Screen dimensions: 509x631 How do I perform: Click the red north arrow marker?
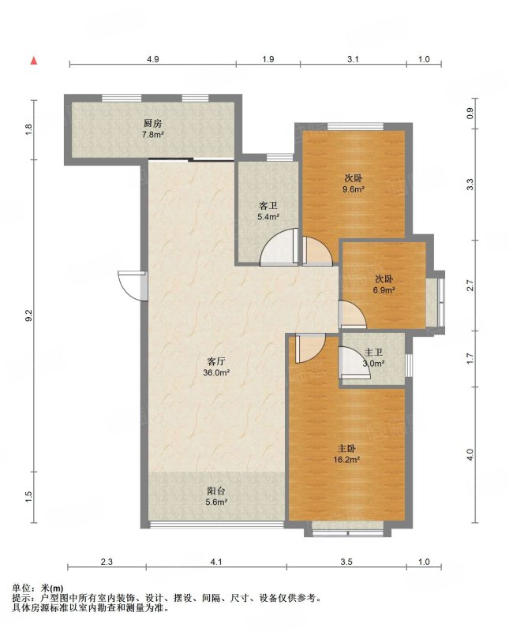[x=34, y=61]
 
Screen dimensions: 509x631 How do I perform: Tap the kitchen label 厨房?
[x=152, y=124]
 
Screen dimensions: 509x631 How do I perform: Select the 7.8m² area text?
[x=152, y=135]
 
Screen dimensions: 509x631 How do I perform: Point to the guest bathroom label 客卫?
[x=268, y=206]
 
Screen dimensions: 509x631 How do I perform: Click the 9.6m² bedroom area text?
[x=354, y=189]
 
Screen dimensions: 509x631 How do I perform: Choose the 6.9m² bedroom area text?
[x=384, y=290]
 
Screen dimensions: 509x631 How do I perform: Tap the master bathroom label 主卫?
[x=373, y=353]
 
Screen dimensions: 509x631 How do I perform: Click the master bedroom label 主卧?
[x=346, y=448]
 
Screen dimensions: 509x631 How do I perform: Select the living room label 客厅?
[x=216, y=361]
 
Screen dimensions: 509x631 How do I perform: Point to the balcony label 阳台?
[x=216, y=491]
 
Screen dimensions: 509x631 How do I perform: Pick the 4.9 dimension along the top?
[x=152, y=59]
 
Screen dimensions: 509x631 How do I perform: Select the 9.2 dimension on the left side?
[x=28, y=315]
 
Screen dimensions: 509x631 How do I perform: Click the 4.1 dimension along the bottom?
[x=216, y=562]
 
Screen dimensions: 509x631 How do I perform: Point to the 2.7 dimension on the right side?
[x=470, y=286]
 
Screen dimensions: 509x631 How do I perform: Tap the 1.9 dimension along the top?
[x=268, y=59]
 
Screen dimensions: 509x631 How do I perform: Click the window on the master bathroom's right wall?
[x=409, y=365]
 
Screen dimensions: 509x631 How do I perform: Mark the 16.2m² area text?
[x=346, y=459]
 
